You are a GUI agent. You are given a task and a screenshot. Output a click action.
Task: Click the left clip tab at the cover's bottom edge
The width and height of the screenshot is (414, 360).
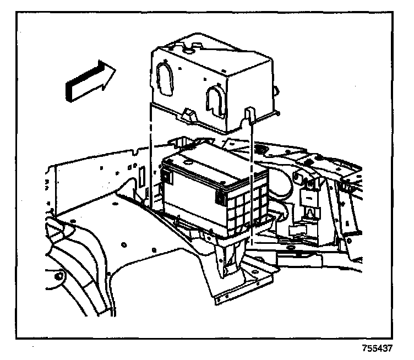[x=187, y=116]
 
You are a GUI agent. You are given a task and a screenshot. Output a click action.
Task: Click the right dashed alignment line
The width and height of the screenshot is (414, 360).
[x=251, y=182]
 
